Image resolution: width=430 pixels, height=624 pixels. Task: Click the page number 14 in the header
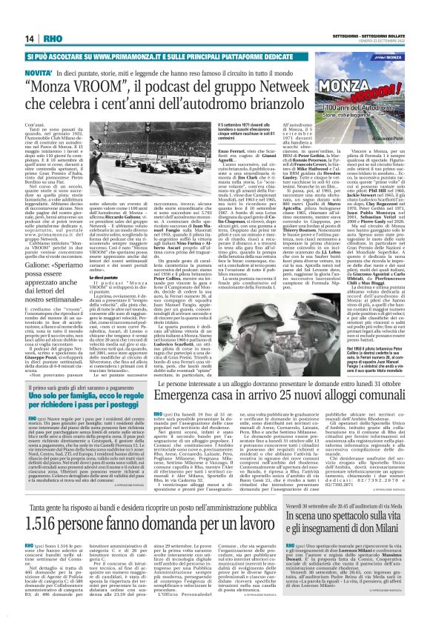(30, 39)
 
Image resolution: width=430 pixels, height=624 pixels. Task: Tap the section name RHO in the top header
(54, 39)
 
